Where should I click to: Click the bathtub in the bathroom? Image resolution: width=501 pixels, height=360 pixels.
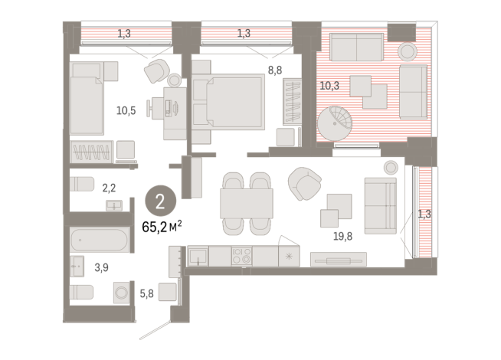(x=102, y=240)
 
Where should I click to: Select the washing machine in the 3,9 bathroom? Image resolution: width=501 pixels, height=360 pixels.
(x=121, y=293)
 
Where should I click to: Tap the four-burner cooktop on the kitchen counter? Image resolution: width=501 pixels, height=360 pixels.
(x=242, y=256)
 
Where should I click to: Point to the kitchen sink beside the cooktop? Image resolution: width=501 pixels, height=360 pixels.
(x=198, y=256)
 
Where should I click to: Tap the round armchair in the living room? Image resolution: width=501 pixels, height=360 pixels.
(x=304, y=183)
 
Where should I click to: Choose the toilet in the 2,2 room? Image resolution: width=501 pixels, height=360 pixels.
(x=83, y=185)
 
